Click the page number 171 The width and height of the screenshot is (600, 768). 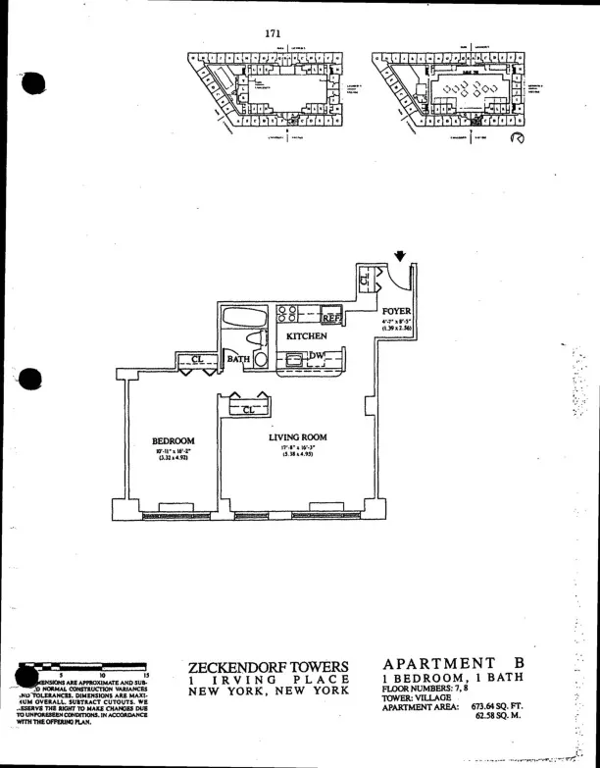tap(274, 32)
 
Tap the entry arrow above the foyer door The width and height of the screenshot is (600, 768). tap(400, 257)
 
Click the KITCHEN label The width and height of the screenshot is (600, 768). tap(306, 336)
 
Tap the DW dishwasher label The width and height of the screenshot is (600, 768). tap(317, 356)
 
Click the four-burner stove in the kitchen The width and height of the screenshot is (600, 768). tap(288, 314)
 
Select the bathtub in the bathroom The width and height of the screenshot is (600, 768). tap(241, 318)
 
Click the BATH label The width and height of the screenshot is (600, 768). tap(239, 360)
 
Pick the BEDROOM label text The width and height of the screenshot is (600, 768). tap(174, 441)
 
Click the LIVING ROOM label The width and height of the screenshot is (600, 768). tap(297, 437)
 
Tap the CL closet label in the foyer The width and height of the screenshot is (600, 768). tap(364, 279)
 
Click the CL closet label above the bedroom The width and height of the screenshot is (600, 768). tap(197, 360)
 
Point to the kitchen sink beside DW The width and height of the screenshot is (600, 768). tap(293, 359)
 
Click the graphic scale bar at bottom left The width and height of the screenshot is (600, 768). tap(88, 666)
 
